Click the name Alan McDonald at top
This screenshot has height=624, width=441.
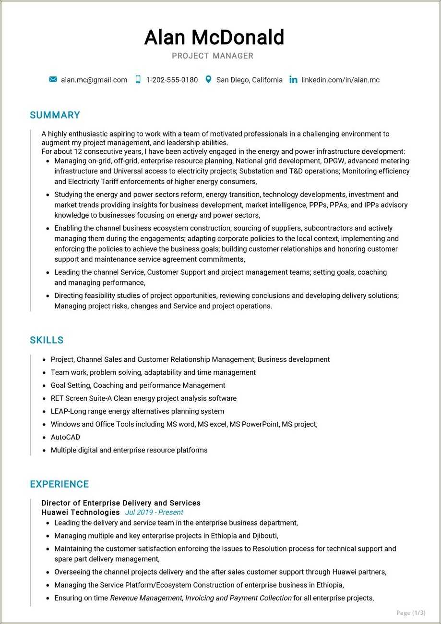click(214, 37)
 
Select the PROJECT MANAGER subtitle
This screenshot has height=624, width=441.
click(213, 56)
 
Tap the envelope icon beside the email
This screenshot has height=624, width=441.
click(53, 80)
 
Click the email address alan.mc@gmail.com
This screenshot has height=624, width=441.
click(94, 80)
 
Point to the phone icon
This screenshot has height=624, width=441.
click(138, 80)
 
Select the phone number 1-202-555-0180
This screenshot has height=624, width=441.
click(172, 80)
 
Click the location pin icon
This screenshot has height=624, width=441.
click(208, 80)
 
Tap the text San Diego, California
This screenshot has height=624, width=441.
click(249, 80)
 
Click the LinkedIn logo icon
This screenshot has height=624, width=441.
click(293, 80)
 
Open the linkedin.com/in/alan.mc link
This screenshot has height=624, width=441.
click(340, 80)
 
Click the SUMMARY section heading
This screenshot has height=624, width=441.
click(55, 115)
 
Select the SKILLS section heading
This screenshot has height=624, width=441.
click(47, 340)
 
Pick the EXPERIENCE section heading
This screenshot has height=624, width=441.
click(60, 484)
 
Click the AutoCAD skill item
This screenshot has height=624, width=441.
click(65, 437)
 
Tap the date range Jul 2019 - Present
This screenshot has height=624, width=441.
click(154, 513)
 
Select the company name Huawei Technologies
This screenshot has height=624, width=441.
click(81, 513)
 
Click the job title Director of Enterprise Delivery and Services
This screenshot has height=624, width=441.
click(121, 503)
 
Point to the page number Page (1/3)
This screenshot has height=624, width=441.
click(411, 612)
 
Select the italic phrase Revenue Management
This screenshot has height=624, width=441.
click(146, 598)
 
